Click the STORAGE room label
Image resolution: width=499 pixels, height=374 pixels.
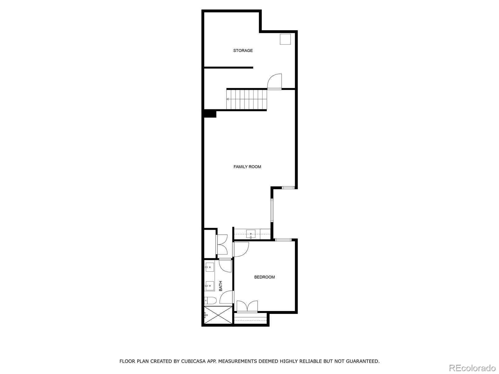coord(243,50)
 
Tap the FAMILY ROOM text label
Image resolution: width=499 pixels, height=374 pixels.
coord(247,167)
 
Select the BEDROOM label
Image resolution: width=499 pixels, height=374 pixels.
coord(264,277)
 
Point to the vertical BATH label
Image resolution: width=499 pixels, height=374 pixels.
coord(221,286)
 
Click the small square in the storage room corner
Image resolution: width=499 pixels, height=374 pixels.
coord(285,39)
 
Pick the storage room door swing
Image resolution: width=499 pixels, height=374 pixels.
coord(275,82)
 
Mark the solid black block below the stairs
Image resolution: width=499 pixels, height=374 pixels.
coord(210,114)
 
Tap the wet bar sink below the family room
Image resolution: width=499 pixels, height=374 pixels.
coord(251,233)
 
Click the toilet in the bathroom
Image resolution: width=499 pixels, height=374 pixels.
coord(210,301)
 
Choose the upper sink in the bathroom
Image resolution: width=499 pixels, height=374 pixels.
coord(209,267)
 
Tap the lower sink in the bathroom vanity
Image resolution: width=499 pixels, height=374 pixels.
coord(209,285)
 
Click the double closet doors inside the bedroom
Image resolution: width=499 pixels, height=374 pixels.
coord(247,306)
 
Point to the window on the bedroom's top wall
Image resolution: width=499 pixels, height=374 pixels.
coord(283,240)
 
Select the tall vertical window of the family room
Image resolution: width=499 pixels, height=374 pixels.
coord(272,210)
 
